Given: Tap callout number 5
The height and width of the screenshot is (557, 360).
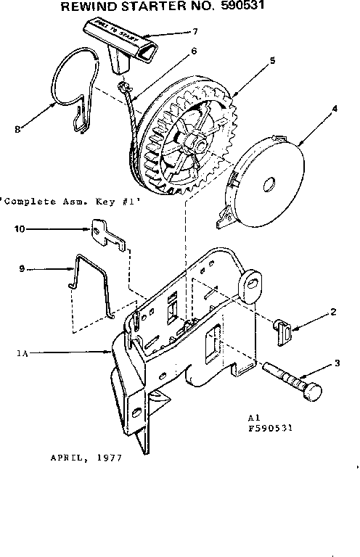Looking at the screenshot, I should point(271,61).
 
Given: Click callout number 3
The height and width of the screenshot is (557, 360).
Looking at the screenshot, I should point(337,365).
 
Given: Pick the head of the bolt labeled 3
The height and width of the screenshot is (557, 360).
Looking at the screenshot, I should point(311,391).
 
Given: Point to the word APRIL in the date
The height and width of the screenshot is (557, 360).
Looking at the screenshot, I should point(66,458).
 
